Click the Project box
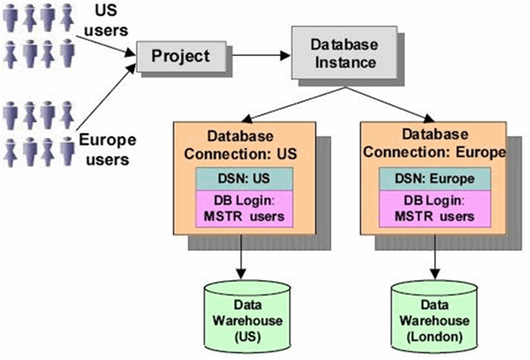click(181, 57)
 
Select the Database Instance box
click(345, 53)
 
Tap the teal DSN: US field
click(244, 178)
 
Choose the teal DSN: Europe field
click(435, 178)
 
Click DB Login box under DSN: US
click(244, 209)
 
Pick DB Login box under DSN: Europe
click(435, 209)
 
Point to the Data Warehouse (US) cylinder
click(247, 317)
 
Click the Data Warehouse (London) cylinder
click(435, 317)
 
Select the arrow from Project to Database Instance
click(261, 56)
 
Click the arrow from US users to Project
click(105, 46)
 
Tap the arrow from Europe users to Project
click(106, 96)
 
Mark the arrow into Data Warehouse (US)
click(241, 256)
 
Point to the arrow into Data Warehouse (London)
click(435, 256)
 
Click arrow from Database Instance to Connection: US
click(293, 104)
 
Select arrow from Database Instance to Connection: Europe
click(390, 104)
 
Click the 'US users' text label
click(106, 21)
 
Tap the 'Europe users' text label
click(107, 149)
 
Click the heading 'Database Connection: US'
click(240, 145)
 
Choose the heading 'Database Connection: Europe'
click(435, 143)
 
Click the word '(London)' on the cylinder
click(435, 337)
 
